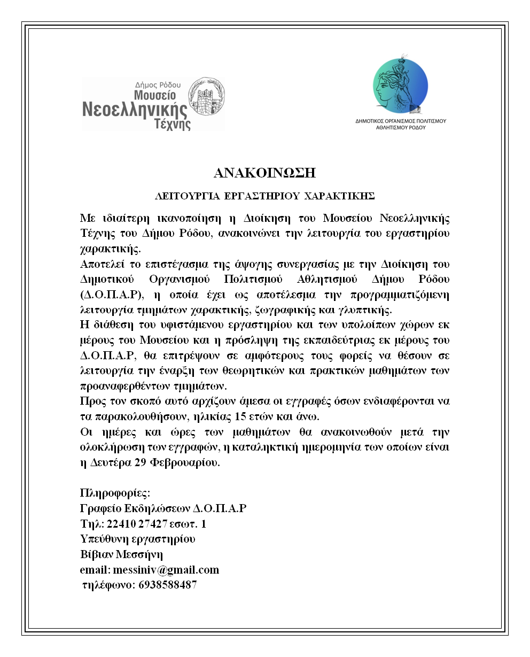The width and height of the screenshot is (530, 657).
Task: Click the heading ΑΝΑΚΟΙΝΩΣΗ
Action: (x=265, y=173)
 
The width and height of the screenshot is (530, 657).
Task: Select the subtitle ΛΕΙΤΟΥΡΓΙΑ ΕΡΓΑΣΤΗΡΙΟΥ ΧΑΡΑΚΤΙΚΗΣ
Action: (x=265, y=196)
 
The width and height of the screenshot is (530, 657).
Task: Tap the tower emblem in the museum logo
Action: (x=208, y=103)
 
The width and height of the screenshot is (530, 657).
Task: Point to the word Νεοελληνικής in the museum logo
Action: (x=135, y=110)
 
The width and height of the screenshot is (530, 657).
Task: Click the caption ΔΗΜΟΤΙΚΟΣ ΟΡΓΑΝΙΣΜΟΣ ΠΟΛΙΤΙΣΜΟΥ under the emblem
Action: (x=401, y=121)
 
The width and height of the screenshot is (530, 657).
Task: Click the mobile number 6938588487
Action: (x=168, y=585)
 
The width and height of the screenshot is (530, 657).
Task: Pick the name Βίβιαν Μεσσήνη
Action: (x=121, y=554)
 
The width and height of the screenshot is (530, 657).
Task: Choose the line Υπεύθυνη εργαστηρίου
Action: (x=137, y=539)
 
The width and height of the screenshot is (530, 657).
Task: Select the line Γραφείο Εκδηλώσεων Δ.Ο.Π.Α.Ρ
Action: (x=163, y=508)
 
